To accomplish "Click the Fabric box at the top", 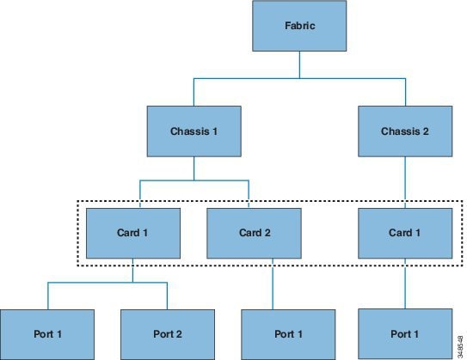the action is click(299, 26).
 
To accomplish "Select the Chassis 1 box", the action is click(194, 131).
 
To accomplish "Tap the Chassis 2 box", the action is click(405, 131).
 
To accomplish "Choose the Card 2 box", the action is click(254, 233).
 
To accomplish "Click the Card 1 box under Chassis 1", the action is click(133, 233).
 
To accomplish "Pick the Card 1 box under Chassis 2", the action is click(405, 233).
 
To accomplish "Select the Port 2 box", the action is click(168, 334).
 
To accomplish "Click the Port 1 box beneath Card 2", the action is click(288, 334).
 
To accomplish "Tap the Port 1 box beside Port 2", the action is click(47, 334).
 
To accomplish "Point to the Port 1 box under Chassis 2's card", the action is click(405, 334).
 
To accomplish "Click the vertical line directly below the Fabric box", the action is click(299, 64).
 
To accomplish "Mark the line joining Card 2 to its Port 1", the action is click(273, 284).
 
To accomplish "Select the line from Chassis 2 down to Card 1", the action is click(405, 182).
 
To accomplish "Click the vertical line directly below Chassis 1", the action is click(194, 168).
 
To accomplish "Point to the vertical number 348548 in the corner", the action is click(461, 347).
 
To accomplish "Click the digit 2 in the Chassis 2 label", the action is click(426, 131).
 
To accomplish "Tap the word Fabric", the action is click(300, 26).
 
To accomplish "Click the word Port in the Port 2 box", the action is click(163, 334).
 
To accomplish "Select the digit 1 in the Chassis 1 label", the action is click(215, 131).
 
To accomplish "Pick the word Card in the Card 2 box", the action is click(250, 233).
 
